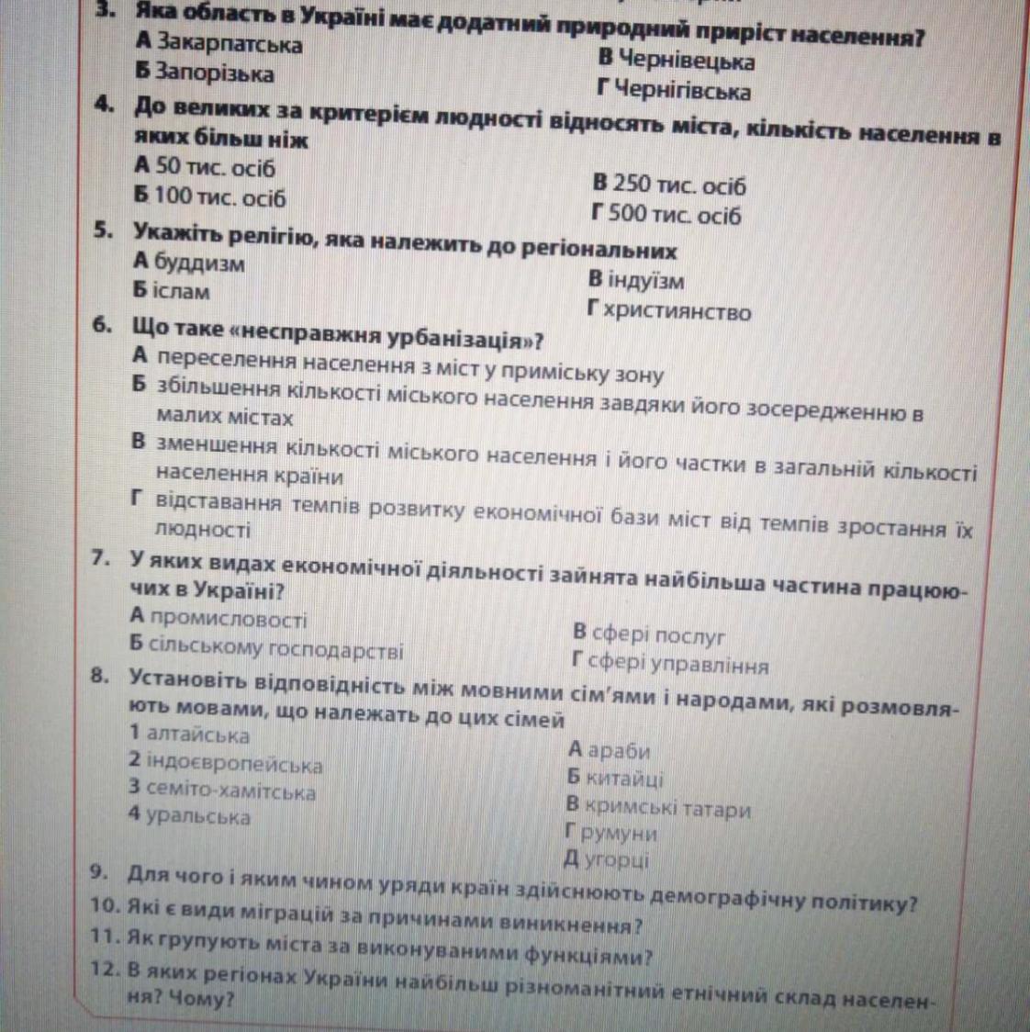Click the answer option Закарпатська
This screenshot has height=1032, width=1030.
[230, 43]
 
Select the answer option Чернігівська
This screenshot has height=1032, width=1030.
[683, 91]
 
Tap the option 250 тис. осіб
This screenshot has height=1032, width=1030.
[679, 185]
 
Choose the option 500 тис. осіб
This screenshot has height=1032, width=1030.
[677, 216]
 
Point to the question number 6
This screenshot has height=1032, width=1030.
[103, 326]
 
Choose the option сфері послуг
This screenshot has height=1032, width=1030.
[660, 634]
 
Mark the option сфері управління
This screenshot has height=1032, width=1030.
[678, 664]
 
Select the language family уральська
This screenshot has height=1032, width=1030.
[199, 816]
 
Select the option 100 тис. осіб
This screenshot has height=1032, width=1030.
[219, 197]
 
